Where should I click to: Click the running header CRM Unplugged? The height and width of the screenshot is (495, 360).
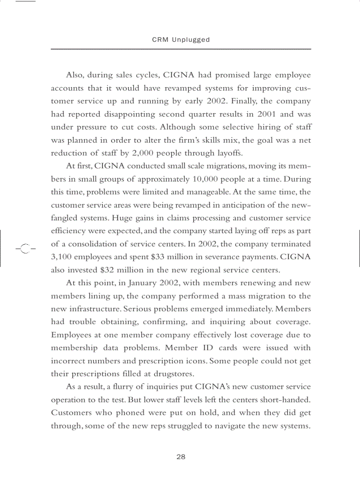pyautogui.click(x=181, y=40)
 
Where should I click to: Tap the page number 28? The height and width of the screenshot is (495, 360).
pyautogui.click(x=181, y=457)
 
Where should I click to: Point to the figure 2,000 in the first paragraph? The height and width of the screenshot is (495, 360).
pyautogui.click(x=120, y=153)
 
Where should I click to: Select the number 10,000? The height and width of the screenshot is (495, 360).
pyautogui.click(x=207, y=179)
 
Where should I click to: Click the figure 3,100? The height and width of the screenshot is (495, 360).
pyautogui.click(x=63, y=257)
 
